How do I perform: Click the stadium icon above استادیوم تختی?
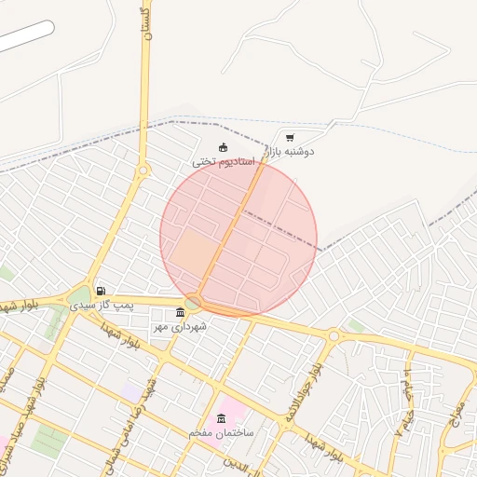223,146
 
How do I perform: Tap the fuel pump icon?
101,291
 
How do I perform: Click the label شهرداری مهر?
180,326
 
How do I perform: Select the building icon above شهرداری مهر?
180,312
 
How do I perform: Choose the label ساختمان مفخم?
221,432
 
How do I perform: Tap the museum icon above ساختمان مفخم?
221,418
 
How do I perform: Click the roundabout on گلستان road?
143,170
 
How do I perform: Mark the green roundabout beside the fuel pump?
78,300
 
